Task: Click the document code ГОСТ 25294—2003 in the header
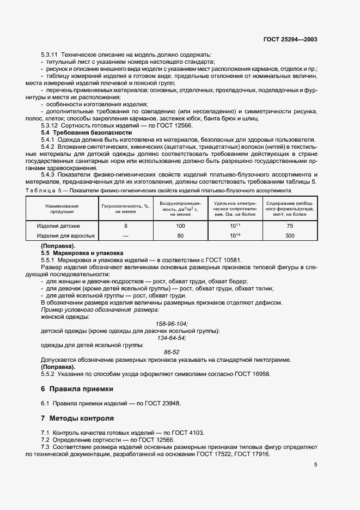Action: point(291,39)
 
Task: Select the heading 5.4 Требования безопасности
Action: point(87,132)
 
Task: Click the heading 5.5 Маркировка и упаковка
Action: point(83,253)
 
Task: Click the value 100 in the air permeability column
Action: point(180,226)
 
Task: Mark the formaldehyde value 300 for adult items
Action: point(290,236)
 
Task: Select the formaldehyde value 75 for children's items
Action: point(290,226)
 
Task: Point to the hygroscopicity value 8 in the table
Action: point(125,226)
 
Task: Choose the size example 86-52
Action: point(172,352)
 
